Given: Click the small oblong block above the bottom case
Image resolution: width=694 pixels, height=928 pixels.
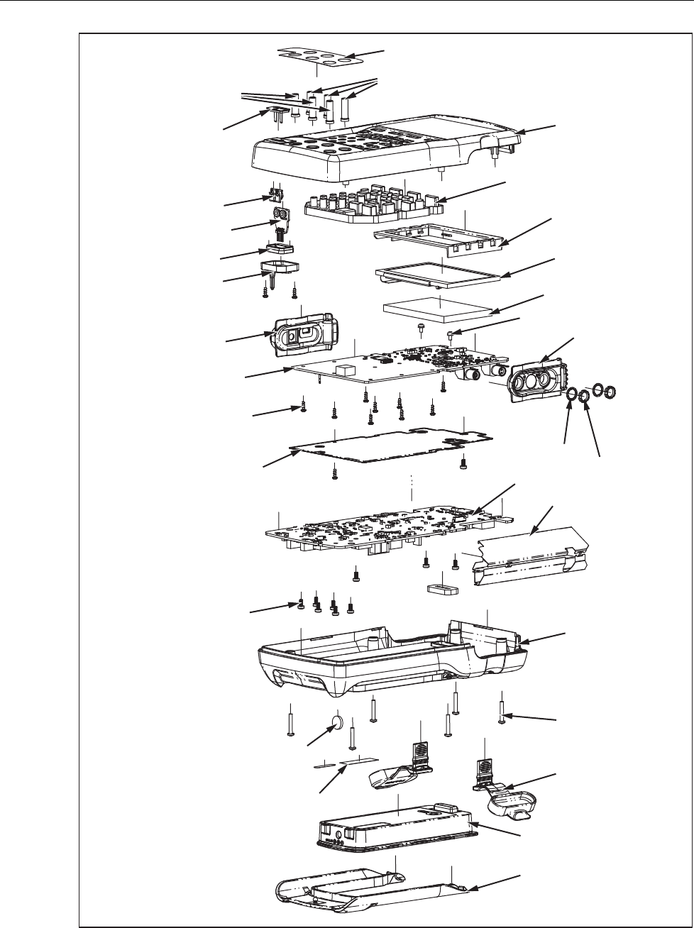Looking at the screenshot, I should pyautogui.click(x=440, y=590).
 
